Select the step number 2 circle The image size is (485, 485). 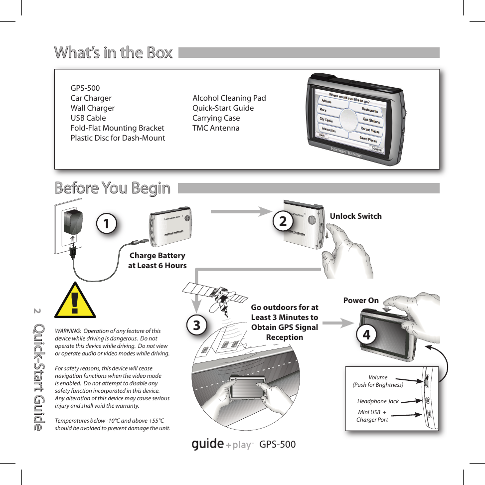click(283, 221)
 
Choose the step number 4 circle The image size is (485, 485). click(366, 335)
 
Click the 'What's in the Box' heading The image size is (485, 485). click(113, 52)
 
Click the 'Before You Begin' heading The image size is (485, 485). click(112, 188)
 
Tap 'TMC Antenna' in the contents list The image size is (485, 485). click(216, 128)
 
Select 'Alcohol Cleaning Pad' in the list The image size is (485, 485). click(229, 98)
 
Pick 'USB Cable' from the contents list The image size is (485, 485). click(88, 118)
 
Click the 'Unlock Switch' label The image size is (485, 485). click(355, 216)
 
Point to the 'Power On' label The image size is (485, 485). click(361, 301)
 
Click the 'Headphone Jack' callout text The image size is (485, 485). click(378, 401)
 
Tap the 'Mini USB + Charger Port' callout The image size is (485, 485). click(372, 416)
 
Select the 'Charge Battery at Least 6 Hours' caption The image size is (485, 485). click(157, 261)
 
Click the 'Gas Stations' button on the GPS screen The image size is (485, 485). click(371, 120)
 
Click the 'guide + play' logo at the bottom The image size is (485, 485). click(222, 444)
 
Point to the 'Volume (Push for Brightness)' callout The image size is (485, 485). click(378, 381)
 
